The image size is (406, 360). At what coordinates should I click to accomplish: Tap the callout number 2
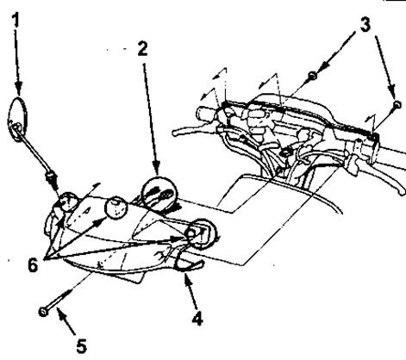(x=142, y=48)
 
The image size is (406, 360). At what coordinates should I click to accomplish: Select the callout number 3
(x=365, y=25)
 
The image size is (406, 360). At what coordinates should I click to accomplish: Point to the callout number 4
(x=197, y=318)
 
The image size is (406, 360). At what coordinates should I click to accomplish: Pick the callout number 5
(x=82, y=345)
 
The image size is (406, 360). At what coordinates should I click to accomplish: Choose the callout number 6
(x=33, y=264)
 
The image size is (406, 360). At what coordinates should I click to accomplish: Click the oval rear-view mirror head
(x=17, y=119)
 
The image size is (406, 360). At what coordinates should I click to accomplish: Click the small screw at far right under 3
(x=397, y=104)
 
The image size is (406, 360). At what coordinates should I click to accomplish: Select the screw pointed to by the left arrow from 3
(x=312, y=76)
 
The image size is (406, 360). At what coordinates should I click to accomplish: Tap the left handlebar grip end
(x=204, y=113)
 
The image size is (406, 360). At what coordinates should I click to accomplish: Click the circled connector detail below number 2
(x=159, y=193)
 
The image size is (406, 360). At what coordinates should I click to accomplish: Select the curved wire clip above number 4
(x=188, y=262)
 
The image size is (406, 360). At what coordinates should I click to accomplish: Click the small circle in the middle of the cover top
(x=116, y=208)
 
